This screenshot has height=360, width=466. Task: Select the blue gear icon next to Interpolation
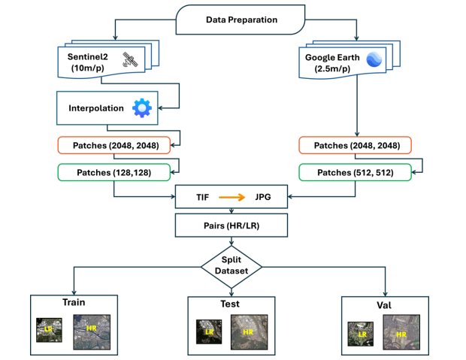[x=141, y=108]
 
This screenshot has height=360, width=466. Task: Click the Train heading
[x=74, y=303]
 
